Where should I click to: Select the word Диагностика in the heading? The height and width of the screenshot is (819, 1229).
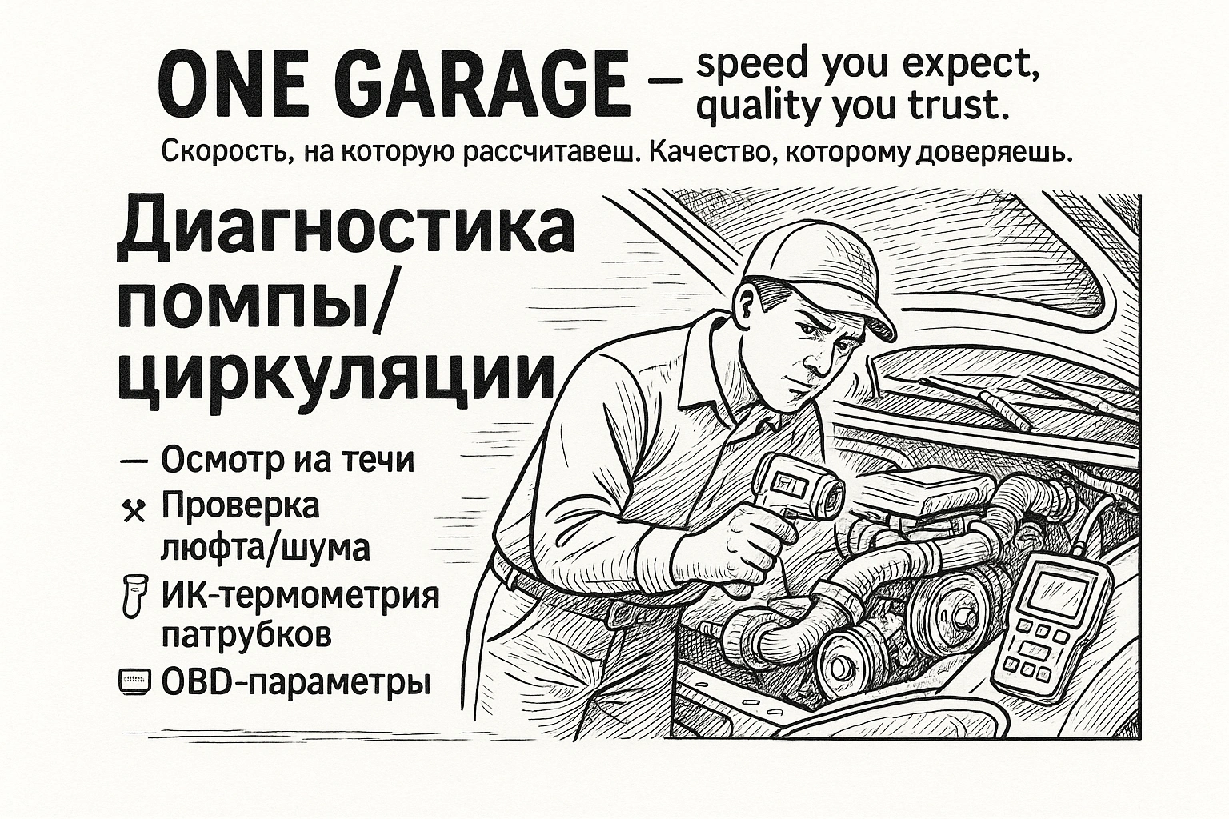[x=346, y=230]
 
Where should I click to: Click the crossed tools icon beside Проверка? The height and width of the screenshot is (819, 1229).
[x=134, y=510]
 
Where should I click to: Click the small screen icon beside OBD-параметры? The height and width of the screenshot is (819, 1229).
[x=134, y=682]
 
